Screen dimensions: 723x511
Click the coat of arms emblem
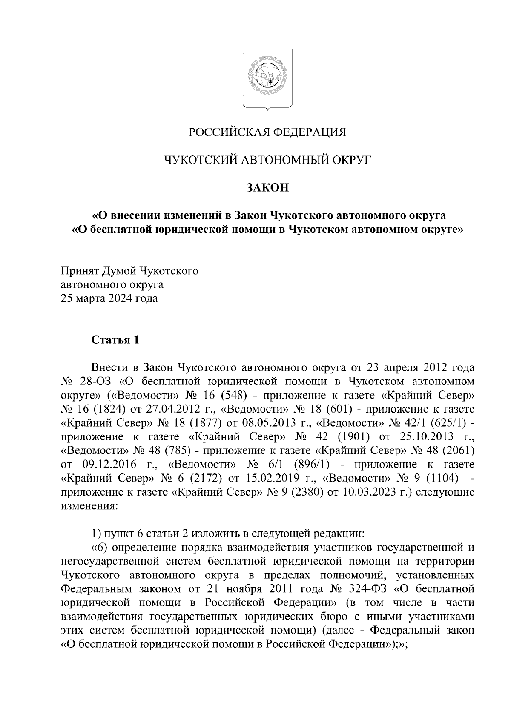pyautogui.click(x=267, y=78)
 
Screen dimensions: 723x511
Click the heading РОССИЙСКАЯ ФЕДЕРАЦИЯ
pyautogui.click(x=268, y=132)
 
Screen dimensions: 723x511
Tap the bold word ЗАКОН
pyautogui.click(x=267, y=187)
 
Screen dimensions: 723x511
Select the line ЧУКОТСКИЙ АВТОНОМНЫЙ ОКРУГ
pyautogui.click(x=268, y=160)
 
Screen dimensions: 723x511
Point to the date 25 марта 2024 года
pyautogui.click(x=109, y=298)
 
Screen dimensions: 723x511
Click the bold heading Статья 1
pyautogui.click(x=115, y=340)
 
